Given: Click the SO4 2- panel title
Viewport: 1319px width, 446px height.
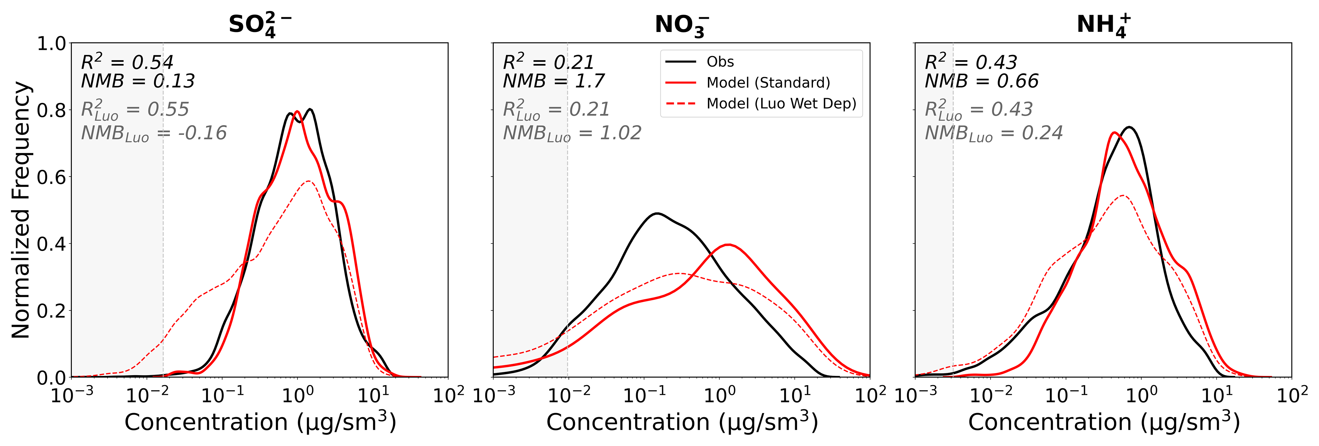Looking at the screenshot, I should pyautogui.click(x=260, y=24).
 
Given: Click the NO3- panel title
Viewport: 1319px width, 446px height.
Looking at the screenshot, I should pyautogui.click(x=682, y=24).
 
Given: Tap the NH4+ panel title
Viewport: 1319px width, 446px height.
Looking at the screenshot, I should pyautogui.click(x=1103, y=24).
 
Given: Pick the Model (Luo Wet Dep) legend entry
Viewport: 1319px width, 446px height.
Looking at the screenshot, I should pyautogui.click(x=781, y=104).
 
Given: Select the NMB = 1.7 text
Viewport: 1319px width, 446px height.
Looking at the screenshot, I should pyautogui.click(x=553, y=81).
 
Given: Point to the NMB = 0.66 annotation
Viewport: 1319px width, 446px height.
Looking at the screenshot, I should pyautogui.click(x=982, y=81).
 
